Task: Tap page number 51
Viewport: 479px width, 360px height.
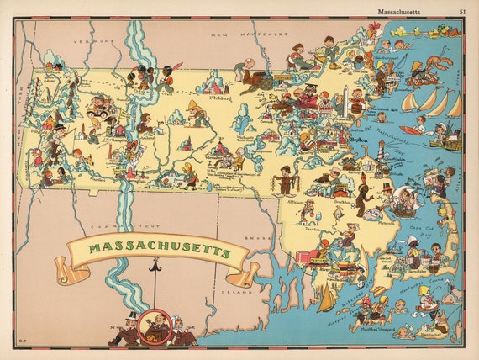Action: [x=462, y=11]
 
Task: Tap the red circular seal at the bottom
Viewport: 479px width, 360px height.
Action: [x=154, y=326]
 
